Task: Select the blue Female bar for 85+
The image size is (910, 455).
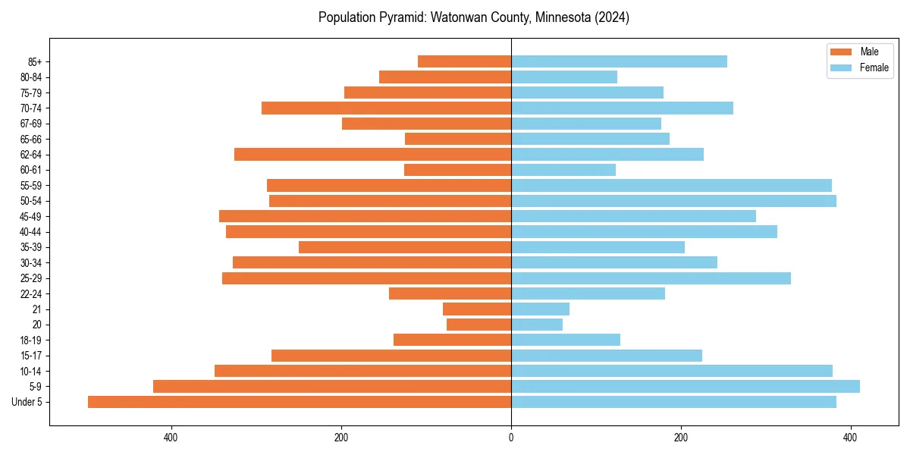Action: pos(619,61)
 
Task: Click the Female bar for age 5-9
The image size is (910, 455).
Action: pos(686,387)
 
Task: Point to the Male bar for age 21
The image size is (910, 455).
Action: pos(477,309)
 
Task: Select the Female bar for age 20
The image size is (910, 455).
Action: pos(537,325)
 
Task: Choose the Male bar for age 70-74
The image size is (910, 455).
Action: pos(386,108)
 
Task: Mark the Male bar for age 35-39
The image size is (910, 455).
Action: pos(405,247)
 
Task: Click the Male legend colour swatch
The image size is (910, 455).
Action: pos(842,52)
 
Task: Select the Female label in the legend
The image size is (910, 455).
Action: pos(874,67)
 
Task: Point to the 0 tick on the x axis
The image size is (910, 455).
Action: pos(511,438)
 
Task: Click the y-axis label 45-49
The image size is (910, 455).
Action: pos(31,217)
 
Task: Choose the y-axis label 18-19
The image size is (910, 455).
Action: pos(31,340)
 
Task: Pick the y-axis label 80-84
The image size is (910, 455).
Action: pos(31,77)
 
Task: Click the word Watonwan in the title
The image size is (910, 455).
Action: pos(458,17)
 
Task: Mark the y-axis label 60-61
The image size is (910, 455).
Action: pos(31,170)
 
